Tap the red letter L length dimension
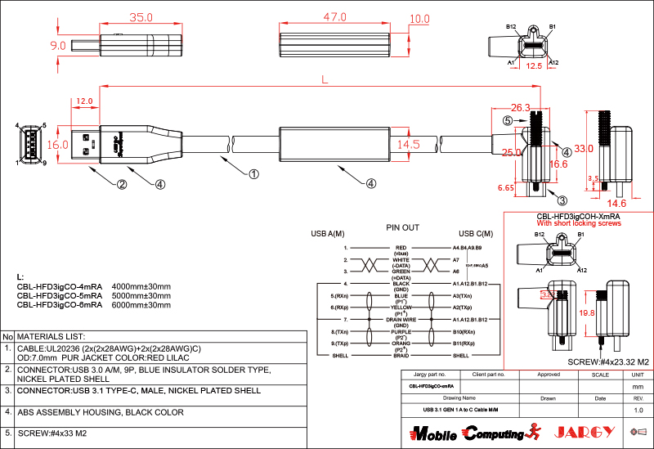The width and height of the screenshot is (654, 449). click(325, 80)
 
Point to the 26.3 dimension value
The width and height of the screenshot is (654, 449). click(520, 107)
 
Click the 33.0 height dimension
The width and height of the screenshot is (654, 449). click(584, 149)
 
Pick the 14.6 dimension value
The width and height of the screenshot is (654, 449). click(616, 203)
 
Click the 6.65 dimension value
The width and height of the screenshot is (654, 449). click(507, 187)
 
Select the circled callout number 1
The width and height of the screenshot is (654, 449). click(253, 173)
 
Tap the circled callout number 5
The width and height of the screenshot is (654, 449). click(507, 120)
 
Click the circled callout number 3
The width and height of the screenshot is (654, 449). click(562, 200)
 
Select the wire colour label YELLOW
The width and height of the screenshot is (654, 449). click(401, 307)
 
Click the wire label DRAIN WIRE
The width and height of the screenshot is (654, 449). click(401, 319)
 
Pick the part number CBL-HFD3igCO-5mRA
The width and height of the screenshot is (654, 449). click(59, 295)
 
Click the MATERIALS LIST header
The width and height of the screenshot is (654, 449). click(52, 336)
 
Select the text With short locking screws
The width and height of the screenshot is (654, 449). click(579, 223)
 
